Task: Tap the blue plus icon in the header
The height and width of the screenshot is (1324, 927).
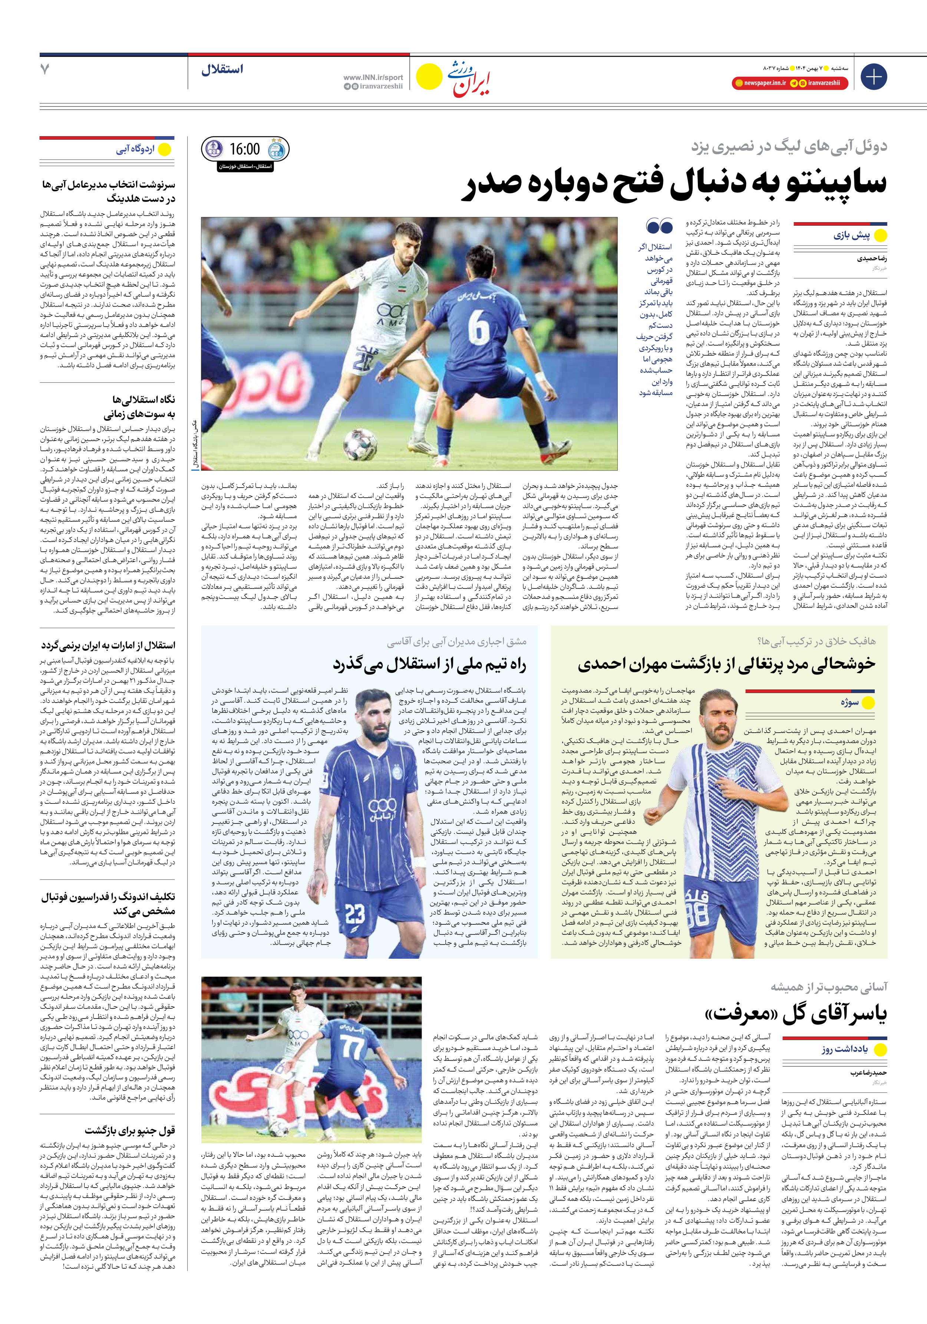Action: point(873,77)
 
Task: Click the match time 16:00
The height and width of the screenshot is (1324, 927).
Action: point(245,149)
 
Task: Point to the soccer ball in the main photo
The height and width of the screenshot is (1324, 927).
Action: point(360,445)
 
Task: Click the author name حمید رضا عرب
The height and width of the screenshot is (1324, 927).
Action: point(868,1073)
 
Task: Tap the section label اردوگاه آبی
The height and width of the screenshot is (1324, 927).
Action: point(135,150)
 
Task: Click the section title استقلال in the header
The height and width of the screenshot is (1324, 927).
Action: point(222,70)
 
